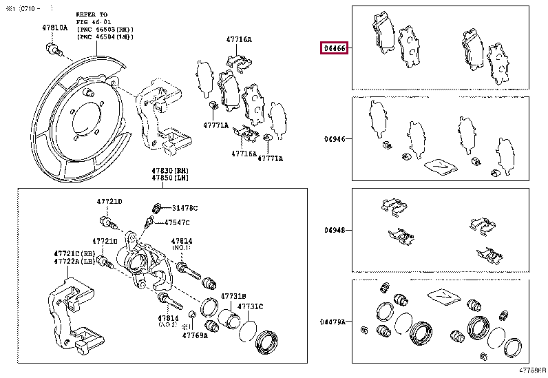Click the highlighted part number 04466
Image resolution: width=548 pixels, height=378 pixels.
[x=334, y=49]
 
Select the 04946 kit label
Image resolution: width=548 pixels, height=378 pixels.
[x=335, y=138]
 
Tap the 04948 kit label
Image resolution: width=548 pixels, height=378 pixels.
[x=335, y=231]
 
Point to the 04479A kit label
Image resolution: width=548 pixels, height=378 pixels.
[x=333, y=322]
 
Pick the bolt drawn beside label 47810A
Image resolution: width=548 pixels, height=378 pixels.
[x=52, y=48]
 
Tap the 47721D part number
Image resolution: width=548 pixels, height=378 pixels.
[x=109, y=201]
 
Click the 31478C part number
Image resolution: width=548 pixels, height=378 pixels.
[x=185, y=208]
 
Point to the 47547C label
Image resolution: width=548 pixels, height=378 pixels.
[x=176, y=222]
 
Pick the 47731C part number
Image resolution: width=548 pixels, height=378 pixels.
[x=251, y=306]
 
